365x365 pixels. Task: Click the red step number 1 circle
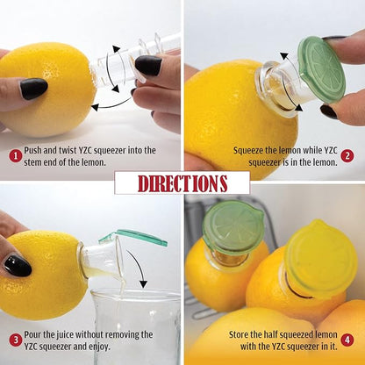pos(16,156)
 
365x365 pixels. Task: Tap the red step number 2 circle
pos(347,156)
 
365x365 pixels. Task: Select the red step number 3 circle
pos(16,340)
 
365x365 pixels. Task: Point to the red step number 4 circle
pos(347,340)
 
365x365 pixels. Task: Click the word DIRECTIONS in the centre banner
pos(182,182)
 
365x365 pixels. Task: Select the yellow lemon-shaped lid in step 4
pos(320,258)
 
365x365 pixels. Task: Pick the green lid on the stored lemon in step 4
pos(233,227)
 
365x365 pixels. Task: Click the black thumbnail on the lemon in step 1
pos(33,89)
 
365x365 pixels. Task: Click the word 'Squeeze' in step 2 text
pos(253,151)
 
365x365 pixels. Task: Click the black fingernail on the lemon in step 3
pos(17,266)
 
